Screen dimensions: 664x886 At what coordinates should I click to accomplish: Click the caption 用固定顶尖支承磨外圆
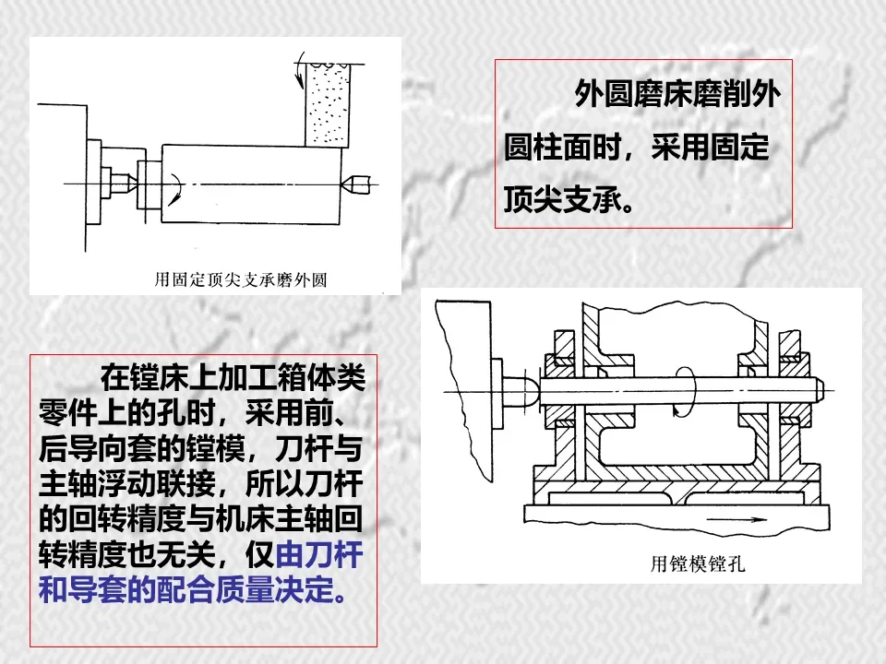point(241,279)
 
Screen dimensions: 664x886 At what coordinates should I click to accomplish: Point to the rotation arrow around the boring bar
point(683,392)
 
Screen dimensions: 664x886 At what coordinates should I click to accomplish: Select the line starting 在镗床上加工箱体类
point(233,378)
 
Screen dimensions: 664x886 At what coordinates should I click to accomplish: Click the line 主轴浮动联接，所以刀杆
point(201,484)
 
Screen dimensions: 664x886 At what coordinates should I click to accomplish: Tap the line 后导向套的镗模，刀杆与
point(201,449)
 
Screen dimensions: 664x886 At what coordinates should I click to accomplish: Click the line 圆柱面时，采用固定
point(637,148)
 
